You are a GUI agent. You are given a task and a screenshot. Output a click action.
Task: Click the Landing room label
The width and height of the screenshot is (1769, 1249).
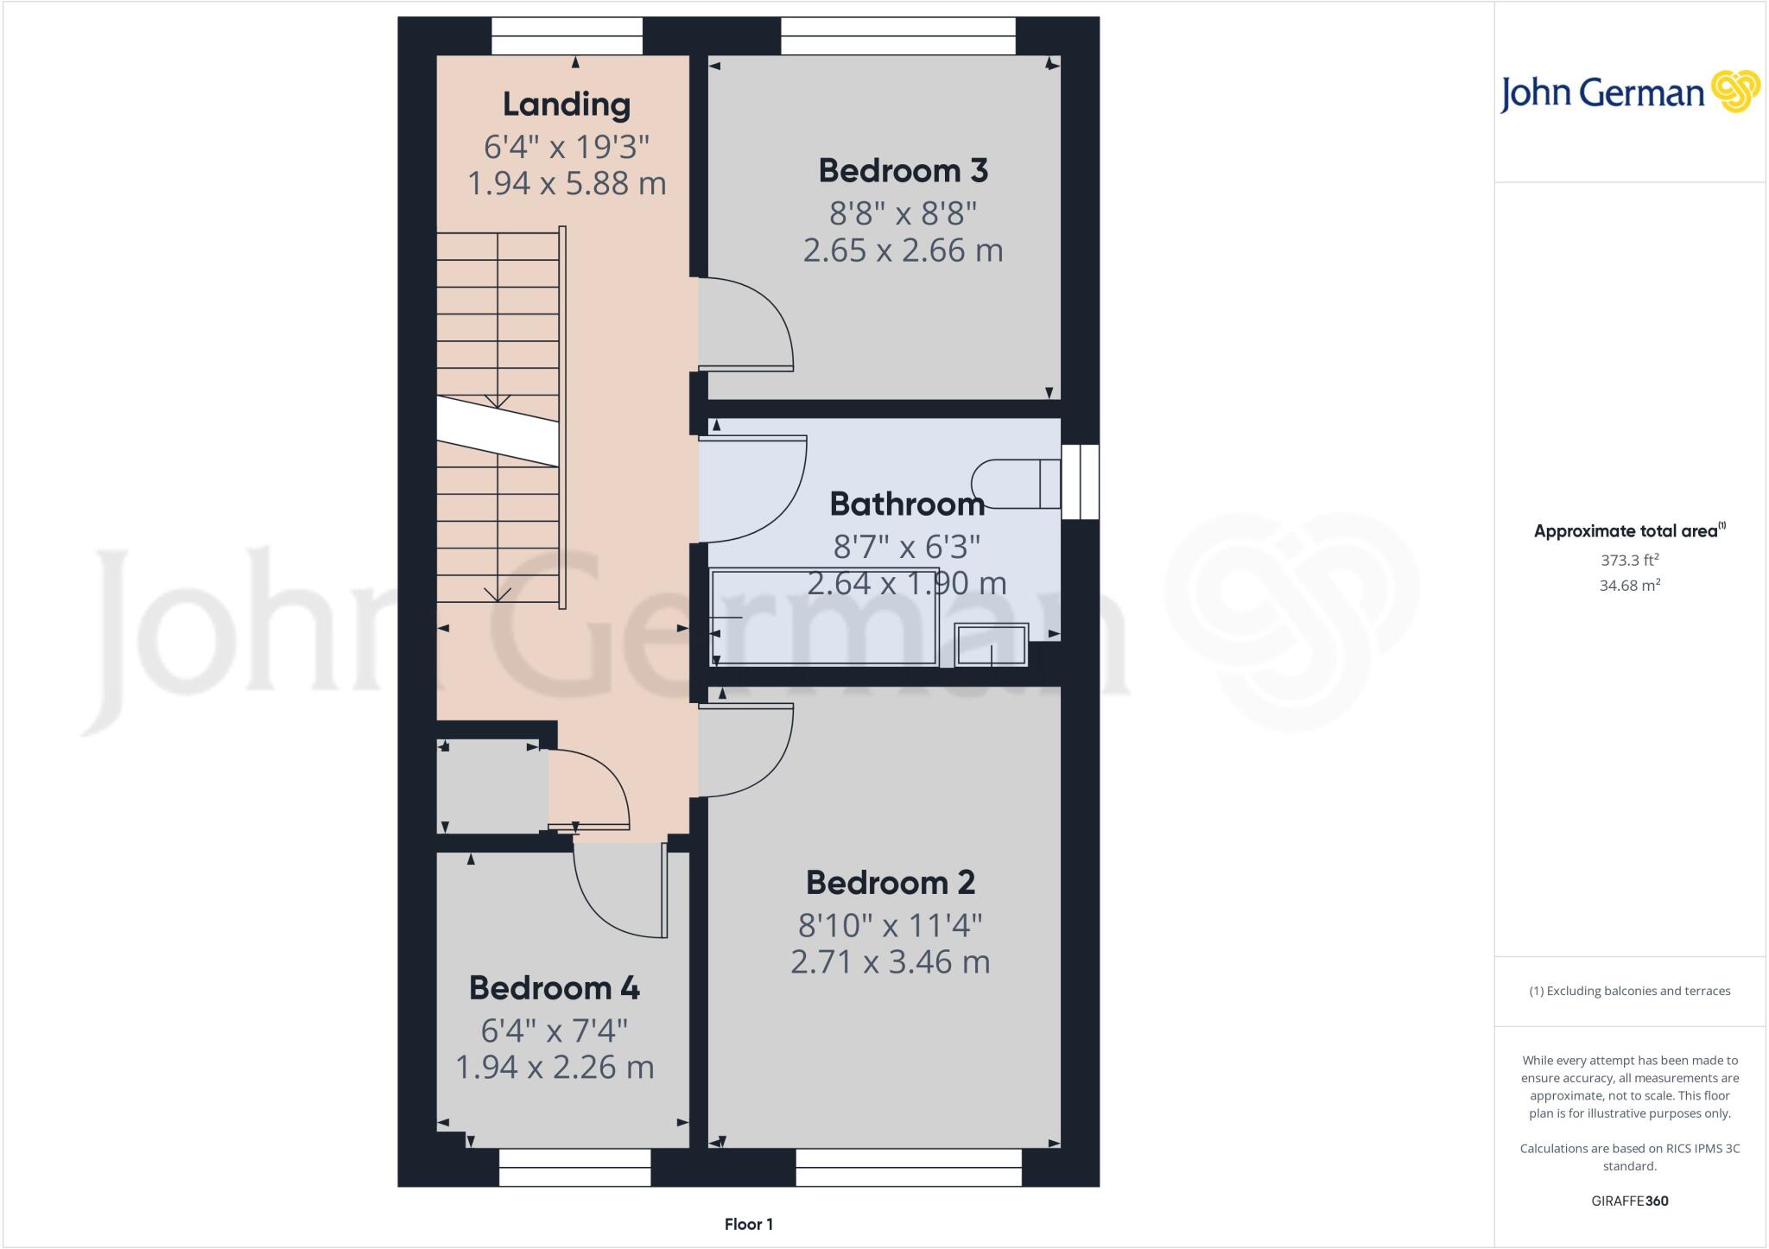tap(567, 105)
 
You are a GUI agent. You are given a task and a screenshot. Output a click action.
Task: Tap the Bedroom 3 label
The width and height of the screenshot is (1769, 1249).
tap(903, 171)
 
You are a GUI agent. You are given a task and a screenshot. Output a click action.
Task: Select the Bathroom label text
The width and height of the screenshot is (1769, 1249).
tap(907, 504)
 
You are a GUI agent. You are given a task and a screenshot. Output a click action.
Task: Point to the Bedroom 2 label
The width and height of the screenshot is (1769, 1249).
tap(891, 883)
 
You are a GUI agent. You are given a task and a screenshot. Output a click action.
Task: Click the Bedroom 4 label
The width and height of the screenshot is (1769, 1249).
tap(555, 988)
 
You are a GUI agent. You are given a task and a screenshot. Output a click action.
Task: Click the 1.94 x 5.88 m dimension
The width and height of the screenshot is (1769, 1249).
tap(567, 184)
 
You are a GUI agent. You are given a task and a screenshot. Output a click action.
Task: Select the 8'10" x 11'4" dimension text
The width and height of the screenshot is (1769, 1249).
tap(891, 926)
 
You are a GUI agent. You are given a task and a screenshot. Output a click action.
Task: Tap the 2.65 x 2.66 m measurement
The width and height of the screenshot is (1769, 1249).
tap(903, 250)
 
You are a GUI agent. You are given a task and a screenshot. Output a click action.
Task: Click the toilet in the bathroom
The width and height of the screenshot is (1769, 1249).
tap(1017, 484)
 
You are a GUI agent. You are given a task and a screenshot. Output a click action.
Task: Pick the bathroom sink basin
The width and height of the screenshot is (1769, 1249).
tap(992, 645)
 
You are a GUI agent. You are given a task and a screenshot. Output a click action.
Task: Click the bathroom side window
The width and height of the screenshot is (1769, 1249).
tap(1080, 482)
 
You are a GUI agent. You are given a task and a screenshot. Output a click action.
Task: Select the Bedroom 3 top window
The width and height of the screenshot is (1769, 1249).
tap(898, 36)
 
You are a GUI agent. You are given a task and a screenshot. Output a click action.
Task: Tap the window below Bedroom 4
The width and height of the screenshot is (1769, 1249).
tap(574, 1167)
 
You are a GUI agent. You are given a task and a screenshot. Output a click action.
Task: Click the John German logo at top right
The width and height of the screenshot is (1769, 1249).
tap(1629, 92)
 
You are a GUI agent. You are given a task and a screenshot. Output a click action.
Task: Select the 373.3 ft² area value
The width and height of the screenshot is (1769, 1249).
tap(1630, 560)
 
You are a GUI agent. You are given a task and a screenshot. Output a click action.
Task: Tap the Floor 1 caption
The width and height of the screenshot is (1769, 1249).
tap(749, 1224)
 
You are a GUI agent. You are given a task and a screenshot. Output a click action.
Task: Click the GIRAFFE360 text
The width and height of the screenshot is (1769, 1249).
tap(1630, 1201)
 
